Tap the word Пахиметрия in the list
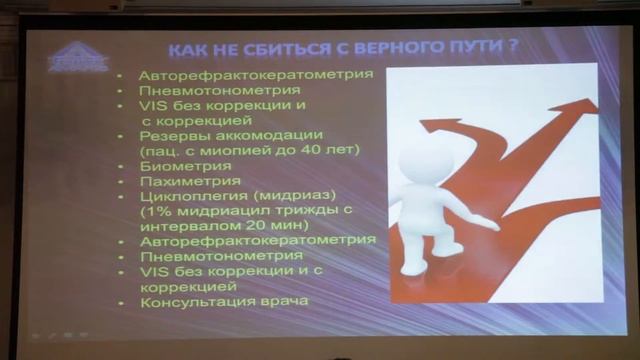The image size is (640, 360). [189, 181]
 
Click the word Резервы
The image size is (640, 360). [171, 134]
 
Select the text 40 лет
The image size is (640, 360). [336, 149]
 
